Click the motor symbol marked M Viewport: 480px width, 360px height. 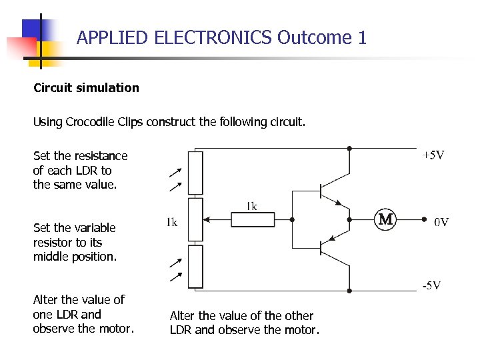[385, 219]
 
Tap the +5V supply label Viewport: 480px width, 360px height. [433, 155]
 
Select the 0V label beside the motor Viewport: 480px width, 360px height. [441, 222]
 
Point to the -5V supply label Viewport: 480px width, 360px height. [431, 286]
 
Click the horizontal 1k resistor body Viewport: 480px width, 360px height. [253, 219]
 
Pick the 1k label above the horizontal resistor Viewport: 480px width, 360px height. [251, 206]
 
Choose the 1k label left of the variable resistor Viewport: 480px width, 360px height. [172, 222]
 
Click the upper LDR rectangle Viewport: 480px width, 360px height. [195, 173]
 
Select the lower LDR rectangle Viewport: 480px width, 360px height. [195, 267]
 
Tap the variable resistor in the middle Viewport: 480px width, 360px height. [195, 219]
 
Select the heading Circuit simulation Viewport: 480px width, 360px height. [86, 88]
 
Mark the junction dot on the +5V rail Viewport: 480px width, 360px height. [349, 148]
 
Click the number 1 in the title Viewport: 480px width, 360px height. [362, 37]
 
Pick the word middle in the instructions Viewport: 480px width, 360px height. [51, 257]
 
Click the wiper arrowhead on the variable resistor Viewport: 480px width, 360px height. [206, 219]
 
